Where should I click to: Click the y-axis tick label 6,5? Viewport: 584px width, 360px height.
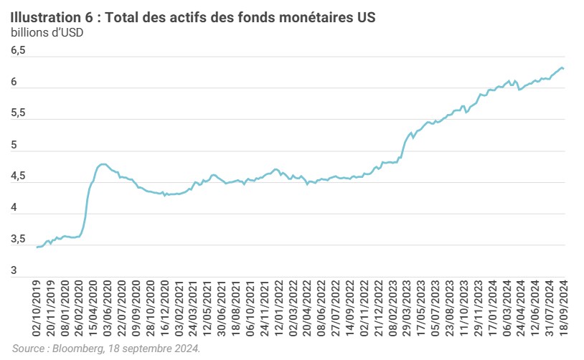coord(18,51)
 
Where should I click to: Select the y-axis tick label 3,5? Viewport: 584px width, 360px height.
coord(18,239)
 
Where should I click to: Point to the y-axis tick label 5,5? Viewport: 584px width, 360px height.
coord(18,113)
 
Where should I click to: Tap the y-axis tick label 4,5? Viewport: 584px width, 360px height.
coord(18,176)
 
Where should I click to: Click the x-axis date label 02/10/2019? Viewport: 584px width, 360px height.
coord(37,308)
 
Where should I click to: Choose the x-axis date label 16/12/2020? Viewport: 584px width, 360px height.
coord(169,308)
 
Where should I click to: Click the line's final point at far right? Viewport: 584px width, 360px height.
coord(564,68)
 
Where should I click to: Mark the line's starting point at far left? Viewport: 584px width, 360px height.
coord(37,247)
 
